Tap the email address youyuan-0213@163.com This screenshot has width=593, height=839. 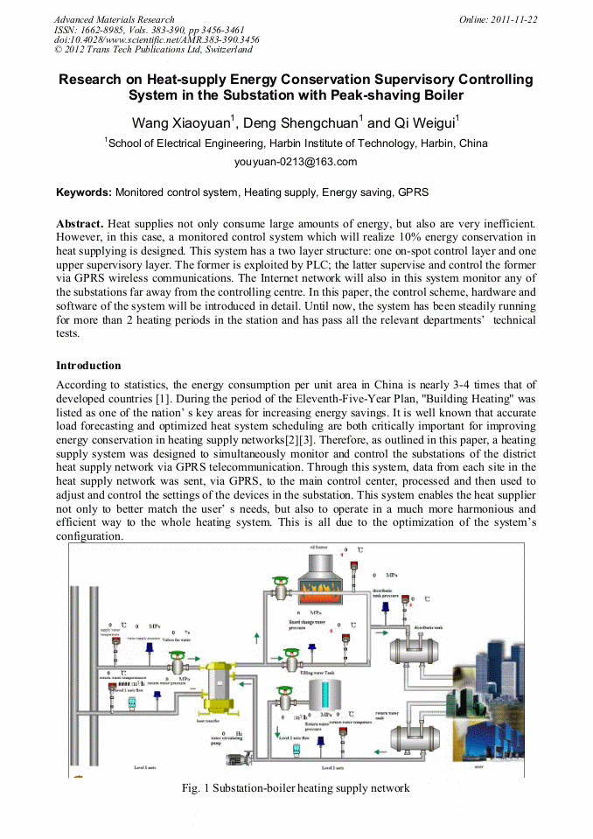pos(296,162)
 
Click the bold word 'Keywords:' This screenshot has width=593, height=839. pos(84,192)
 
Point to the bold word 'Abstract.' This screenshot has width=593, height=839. pos(80,225)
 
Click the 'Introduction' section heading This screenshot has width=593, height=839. pos(88,365)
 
